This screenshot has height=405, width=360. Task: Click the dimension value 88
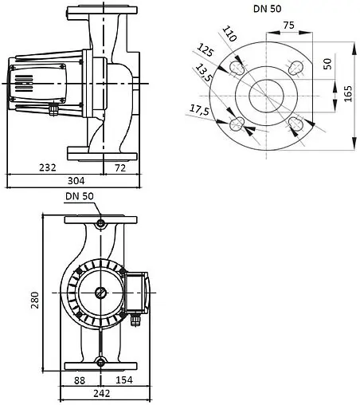(80, 381)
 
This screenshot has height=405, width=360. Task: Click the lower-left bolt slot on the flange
(237, 124)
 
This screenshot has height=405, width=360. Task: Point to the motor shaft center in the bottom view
(100, 292)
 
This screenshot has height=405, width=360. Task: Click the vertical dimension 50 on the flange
(327, 63)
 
